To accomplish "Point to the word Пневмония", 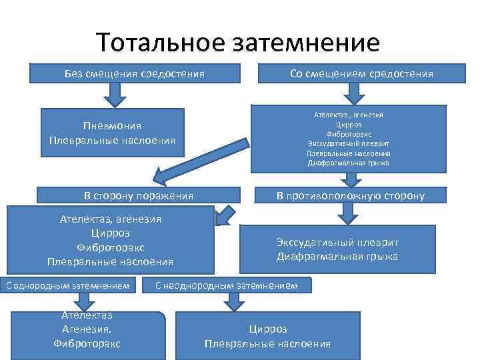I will [112, 127].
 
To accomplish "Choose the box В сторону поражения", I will [138, 195].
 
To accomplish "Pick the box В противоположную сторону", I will [350, 195].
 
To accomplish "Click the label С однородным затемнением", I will [71, 286].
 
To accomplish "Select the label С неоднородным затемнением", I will [231, 286].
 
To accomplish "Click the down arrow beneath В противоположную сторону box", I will [347, 213].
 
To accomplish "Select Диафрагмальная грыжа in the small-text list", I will [349, 163].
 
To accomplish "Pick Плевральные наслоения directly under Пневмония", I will [112, 140].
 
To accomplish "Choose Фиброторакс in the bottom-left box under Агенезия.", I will [87, 343].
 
